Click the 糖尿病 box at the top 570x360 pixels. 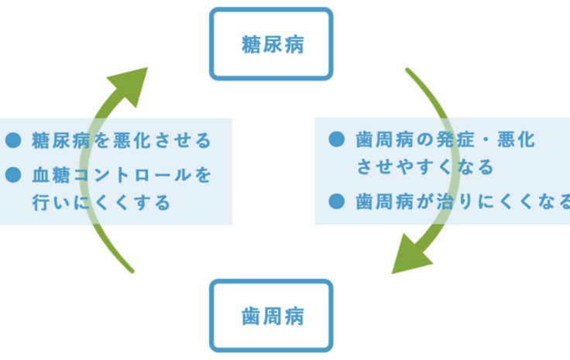tap(271, 44)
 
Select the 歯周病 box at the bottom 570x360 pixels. tap(271, 316)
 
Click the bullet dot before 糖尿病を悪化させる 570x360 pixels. tap(12, 141)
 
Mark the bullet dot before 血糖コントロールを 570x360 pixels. tap(12, 174)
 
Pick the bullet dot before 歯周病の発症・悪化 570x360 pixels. tap(336, 139)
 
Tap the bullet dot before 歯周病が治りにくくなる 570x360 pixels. tap(336, 201)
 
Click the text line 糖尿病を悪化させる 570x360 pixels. tap(120, 141)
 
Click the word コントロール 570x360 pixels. tap(132, 174)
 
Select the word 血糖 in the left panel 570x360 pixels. tap(50, 174)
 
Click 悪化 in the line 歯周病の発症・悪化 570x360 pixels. tap(516, 140)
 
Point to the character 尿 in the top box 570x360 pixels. tap(271, 44)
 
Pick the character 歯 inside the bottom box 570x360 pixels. tap(250, 316)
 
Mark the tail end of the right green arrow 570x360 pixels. tap(409, 72)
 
